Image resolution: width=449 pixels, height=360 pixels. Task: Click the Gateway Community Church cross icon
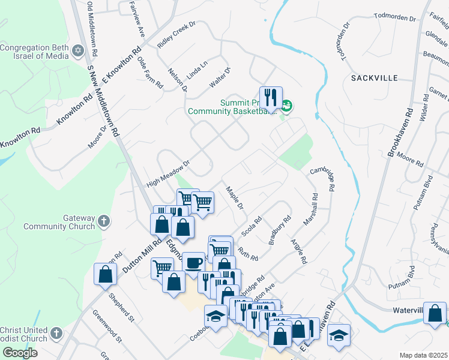(103, 222)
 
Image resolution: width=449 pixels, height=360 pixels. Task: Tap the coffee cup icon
(193, 262)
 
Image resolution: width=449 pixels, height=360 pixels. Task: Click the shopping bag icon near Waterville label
(435, 313)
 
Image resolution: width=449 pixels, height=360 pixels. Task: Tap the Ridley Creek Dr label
(177, 37)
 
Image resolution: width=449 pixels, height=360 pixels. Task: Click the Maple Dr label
(235, 198)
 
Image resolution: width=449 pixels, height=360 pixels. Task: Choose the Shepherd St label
(120, 307)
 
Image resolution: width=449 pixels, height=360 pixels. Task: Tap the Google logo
(20, 353)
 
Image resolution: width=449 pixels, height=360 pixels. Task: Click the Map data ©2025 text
(423, 355)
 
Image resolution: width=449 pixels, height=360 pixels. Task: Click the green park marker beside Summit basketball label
(287, 106)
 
